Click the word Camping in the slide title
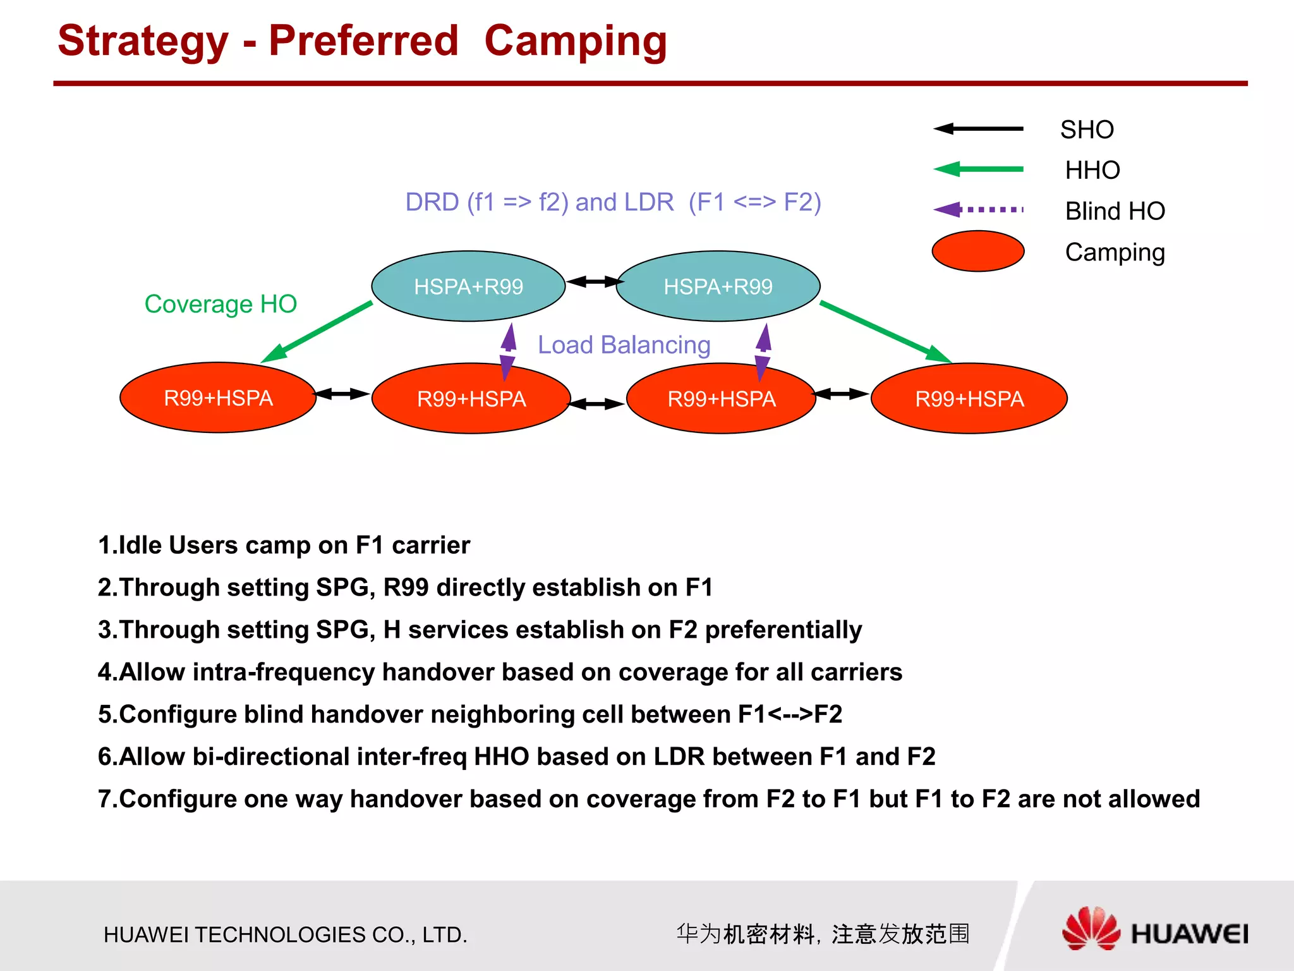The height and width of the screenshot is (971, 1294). (575, 41)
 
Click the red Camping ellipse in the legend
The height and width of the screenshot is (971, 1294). (977, 251)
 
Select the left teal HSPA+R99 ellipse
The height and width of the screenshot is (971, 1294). (468, 286)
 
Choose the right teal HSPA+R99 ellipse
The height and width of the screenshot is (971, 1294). (718, 286)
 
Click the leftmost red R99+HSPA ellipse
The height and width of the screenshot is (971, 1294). (218, 398)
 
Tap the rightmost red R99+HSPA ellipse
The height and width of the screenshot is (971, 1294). (969, 398)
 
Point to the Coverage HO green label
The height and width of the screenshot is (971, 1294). (221, 304)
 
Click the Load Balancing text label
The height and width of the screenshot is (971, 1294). (624, 345)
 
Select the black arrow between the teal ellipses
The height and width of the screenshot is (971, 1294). (591, 281)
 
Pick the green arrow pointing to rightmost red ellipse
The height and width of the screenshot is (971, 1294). (885, 332)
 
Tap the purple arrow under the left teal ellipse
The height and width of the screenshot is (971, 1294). (508, 351)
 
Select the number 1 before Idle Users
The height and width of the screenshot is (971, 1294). (104, 545)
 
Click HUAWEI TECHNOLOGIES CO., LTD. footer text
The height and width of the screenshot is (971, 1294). (286, 934)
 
